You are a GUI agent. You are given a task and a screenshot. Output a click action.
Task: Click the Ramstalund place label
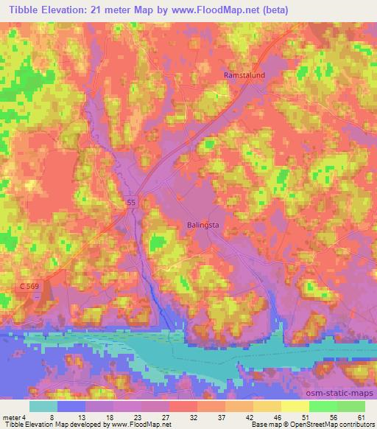[x=244, y=75]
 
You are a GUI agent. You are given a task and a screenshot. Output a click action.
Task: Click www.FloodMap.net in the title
[x=221, y=10]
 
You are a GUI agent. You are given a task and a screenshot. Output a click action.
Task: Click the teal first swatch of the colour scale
[x=43, y=406]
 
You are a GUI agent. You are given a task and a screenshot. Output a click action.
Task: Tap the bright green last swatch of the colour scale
[x=350, y=406]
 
